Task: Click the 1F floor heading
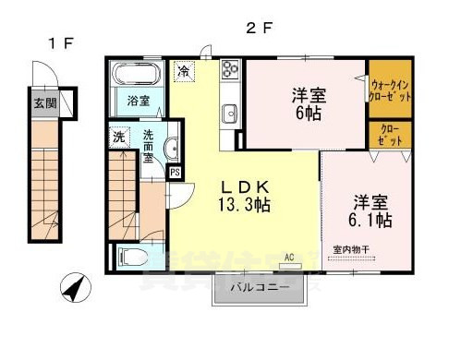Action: click(x=60, y=43)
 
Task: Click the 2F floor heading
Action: click(x=261, y=27)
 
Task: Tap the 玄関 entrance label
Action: click(x=42, y=102)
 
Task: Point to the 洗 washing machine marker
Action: click(x=118, y=138)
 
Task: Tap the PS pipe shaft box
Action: click(x=174, y=172)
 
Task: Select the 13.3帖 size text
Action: click(x=245, y=205)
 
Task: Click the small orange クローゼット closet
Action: click(x=390, y=136)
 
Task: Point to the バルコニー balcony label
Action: click(x=258, y=292)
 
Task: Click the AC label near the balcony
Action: click(x=288, y=257)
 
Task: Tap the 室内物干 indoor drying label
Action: click(x=351, y=248)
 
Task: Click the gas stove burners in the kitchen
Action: click(x=229, y=70)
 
